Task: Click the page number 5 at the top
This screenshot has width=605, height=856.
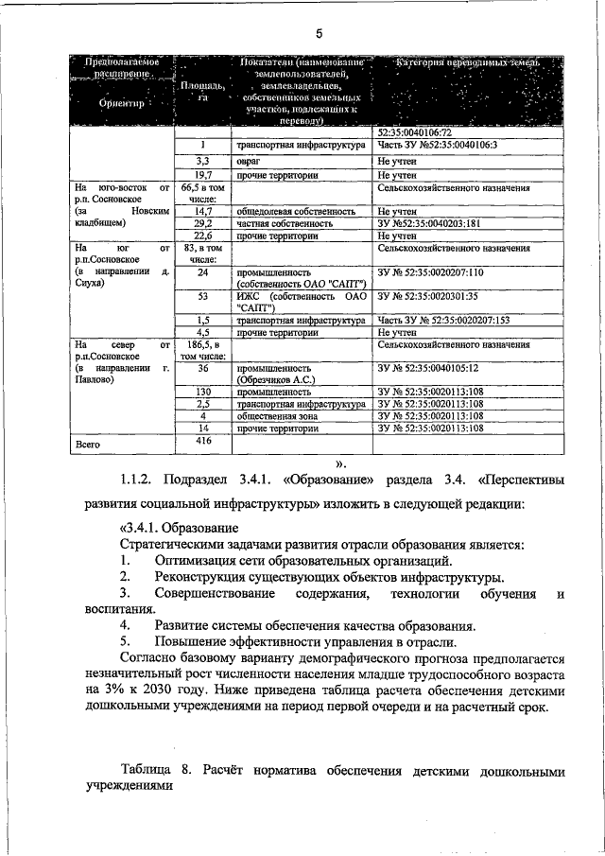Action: [319, 34]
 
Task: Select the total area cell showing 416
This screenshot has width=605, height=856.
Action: [202, 441]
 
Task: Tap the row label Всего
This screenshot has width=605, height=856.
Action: [88, 444]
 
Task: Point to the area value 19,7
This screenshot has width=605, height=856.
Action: [202, 175]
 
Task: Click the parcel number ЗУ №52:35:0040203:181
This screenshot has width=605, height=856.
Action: [430, 224]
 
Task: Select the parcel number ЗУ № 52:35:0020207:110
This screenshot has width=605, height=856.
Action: [430, 272]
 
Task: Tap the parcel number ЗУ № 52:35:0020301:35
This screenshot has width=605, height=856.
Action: [427, 297]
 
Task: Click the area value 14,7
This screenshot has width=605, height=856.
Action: [202, 212]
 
